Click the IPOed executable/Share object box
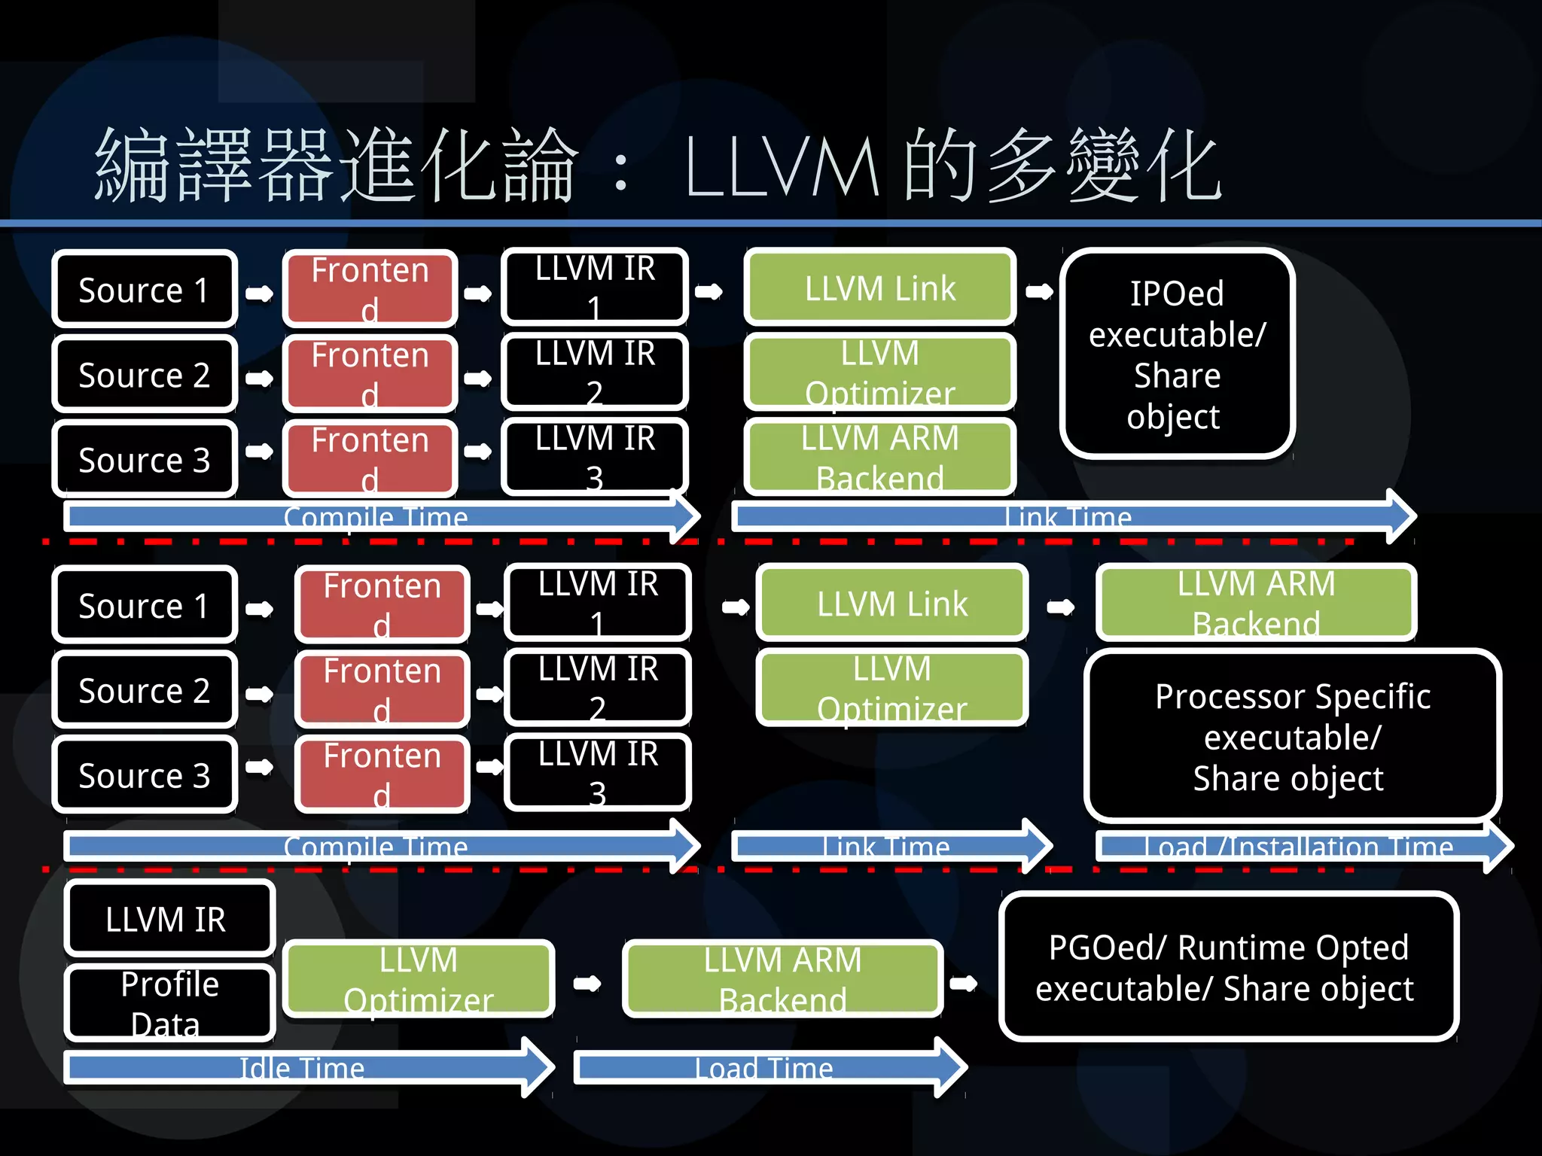click(1177, 354)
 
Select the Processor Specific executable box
click(1292, 736)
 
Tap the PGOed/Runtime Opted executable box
click(1227, 967)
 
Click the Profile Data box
click(169, 1003)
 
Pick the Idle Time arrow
click(301, 1067)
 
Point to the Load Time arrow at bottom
click(764, 1067)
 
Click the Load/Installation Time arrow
click(1299, 847)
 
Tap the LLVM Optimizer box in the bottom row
click(419, 979)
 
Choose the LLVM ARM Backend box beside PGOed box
click(782, 979)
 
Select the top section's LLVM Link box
click(879, 288)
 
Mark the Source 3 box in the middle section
click(144, 775)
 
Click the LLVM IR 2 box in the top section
click(595, 373)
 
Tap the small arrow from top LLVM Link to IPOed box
click(1039, 291)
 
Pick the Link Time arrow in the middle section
click(887, 847)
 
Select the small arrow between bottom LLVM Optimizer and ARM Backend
click(587, 983)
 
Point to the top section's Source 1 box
click(144, 290)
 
